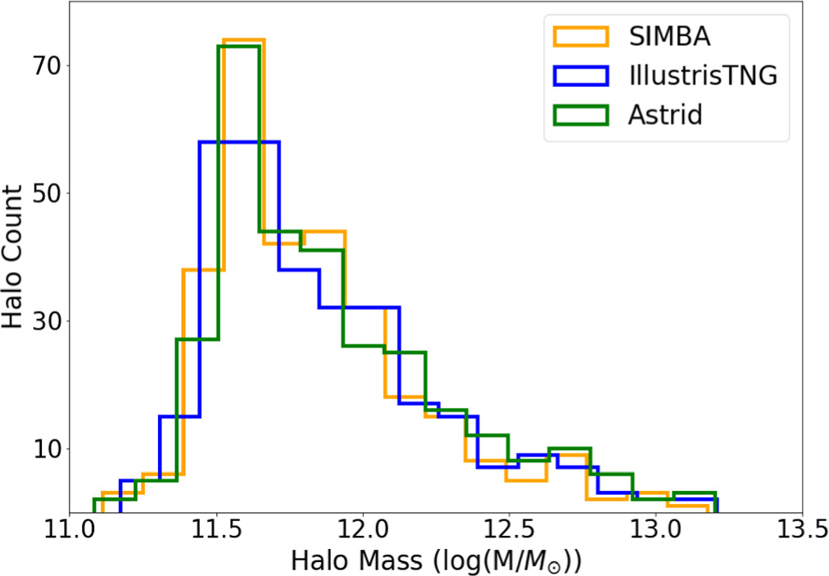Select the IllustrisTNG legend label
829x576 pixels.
coord(703,75)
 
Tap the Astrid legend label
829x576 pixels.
coord(666,115)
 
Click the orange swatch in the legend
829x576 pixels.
coord(582,36)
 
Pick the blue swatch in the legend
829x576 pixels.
coord(582,75)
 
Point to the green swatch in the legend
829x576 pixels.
coord(582,115)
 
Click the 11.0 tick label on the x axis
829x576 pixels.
coord(70,534)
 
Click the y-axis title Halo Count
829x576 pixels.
coord(14,256)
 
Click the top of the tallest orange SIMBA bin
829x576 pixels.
coord(243,39)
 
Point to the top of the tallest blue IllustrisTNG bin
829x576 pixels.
coord(238,142)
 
